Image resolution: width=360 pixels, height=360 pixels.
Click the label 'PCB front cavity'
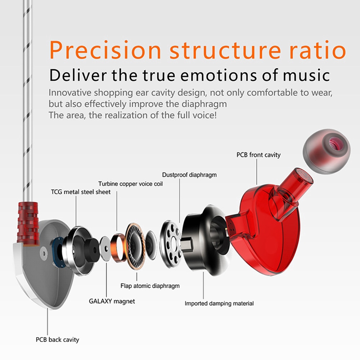258,155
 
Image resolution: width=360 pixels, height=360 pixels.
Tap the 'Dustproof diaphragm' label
189,175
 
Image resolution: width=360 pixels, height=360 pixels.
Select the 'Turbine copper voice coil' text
130,184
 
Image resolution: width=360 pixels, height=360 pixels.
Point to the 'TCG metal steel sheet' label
81,192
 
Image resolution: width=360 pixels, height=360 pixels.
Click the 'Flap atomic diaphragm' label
150,286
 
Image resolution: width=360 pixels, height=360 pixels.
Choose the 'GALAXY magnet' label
112,301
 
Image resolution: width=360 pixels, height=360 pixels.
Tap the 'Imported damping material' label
219,303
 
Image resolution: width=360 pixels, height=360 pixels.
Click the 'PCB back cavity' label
57,339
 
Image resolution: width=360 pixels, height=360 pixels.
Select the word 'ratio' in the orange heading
318,50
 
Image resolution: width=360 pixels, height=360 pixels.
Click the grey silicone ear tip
327,151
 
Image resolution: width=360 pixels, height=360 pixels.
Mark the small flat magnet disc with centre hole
106,248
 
